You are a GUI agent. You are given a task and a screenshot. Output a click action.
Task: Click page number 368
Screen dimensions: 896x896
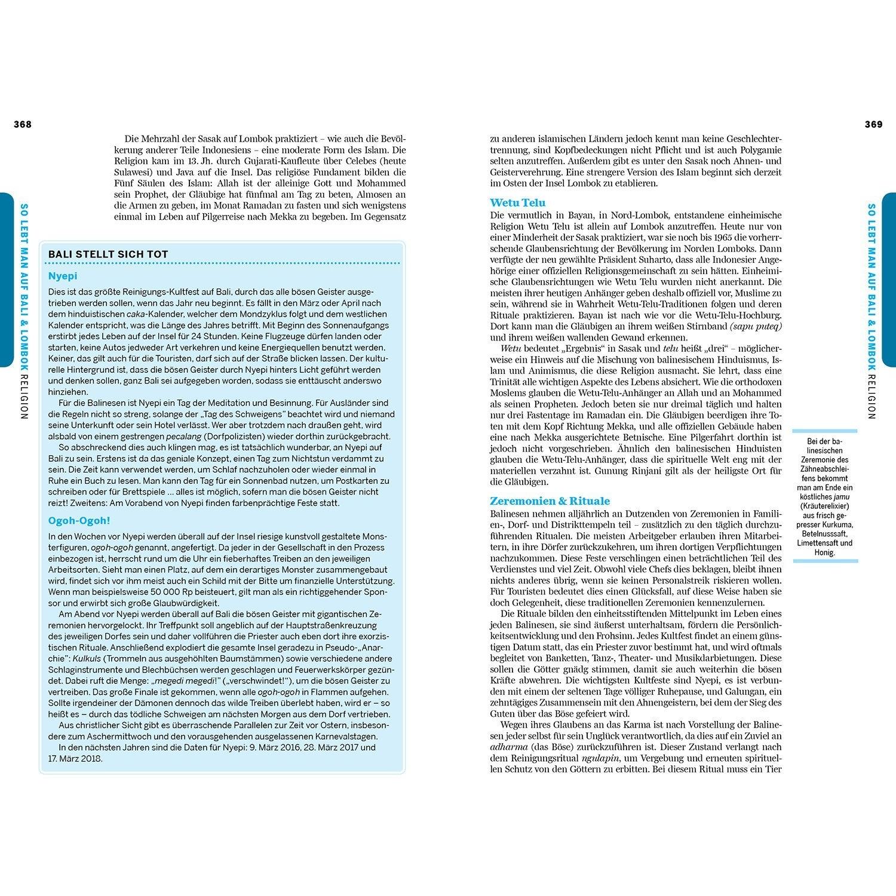point(23,124)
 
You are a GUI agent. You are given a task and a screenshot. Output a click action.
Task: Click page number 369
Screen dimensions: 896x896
point(873,124)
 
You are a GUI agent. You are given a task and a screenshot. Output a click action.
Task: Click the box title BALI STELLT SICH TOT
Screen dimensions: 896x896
point(108,254)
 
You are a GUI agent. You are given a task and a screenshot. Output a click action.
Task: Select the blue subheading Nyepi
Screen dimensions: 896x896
point(63,276)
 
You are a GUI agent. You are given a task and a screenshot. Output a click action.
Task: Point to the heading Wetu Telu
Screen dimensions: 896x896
point(517,202)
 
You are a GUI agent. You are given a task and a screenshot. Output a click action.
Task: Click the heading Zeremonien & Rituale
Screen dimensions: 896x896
point(550,501)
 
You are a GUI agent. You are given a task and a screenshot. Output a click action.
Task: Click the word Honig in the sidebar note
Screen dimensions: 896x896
point(824,553)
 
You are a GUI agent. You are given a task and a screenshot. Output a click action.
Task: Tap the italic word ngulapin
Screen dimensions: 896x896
point(601,758)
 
